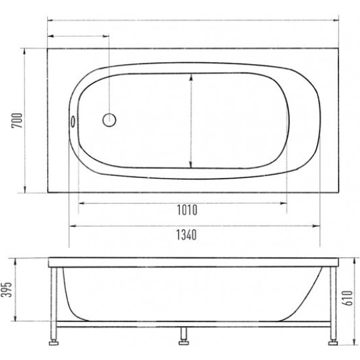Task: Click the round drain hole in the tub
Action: tap(109, 120)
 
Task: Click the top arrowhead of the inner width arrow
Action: tap(190, 76)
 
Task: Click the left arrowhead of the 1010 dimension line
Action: tap(81, 203)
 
